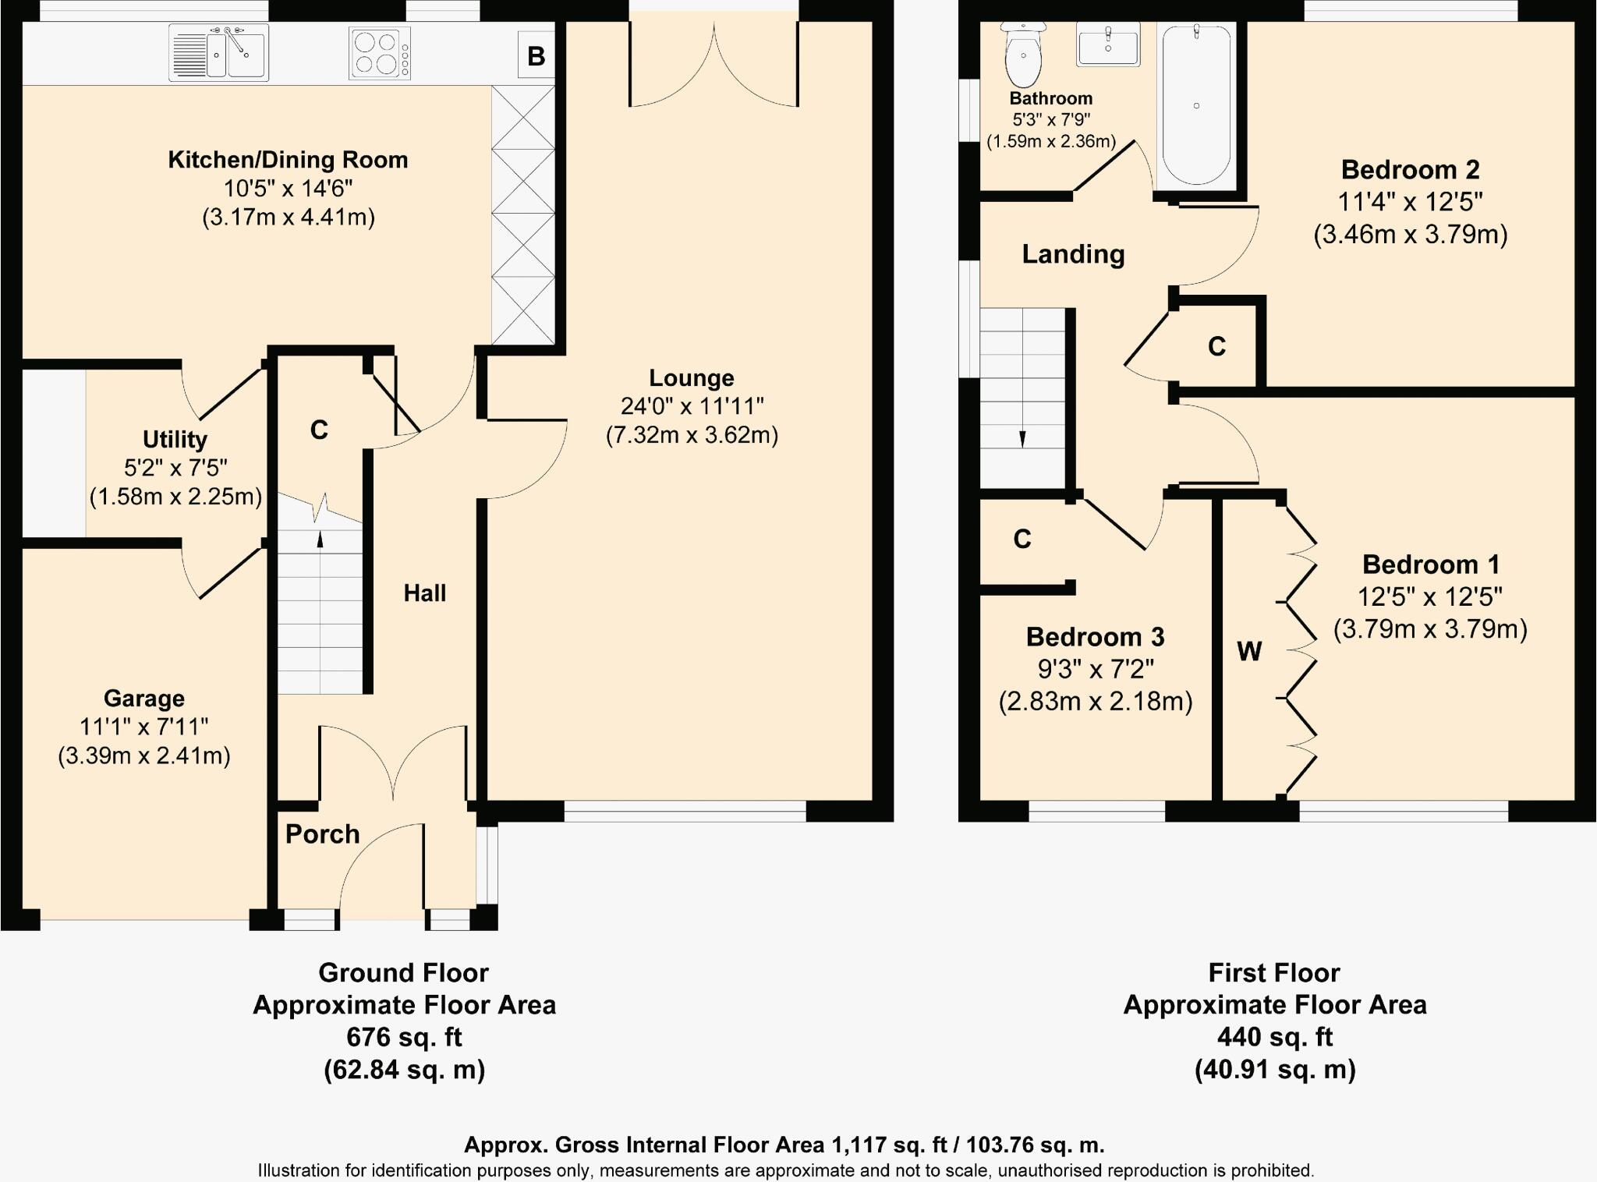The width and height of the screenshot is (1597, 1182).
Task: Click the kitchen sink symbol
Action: point(219,52)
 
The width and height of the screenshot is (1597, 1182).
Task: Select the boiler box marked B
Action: point(536,56)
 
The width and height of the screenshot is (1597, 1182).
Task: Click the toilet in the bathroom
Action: point(1023,56)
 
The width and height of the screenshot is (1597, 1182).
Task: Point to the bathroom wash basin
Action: point(1107,44)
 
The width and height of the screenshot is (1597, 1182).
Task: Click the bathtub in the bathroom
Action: point(1196,104)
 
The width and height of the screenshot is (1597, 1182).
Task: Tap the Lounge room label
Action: point(692,378)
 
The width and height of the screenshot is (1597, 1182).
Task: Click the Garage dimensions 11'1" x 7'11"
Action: point(143,727)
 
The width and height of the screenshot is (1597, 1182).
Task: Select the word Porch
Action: point(322,834)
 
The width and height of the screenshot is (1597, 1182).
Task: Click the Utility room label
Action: point(175,439)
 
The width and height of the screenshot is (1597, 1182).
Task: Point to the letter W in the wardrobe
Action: point(1249,651)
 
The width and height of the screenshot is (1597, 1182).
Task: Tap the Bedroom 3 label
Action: point(1095,637)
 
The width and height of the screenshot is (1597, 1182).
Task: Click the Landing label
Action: point(1073,254)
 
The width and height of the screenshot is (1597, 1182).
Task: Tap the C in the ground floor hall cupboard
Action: point(319,430)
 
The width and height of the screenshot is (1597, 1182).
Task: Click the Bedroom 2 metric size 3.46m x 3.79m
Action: point(1410,234)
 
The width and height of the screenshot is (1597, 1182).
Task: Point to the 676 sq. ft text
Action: point(404,1037)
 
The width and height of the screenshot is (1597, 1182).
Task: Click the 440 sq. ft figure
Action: point(1274,1037)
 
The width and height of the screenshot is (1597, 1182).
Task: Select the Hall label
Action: point(425,593)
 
